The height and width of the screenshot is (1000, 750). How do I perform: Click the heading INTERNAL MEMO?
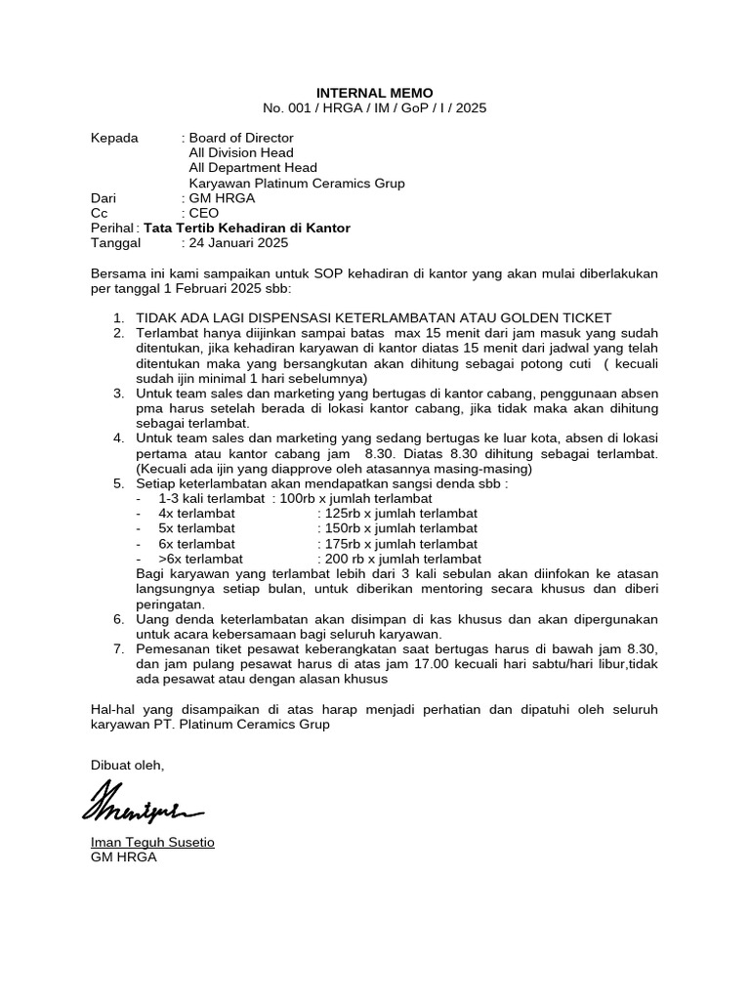[x=375, y=93]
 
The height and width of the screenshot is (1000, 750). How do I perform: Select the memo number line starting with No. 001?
[x=375, y=108]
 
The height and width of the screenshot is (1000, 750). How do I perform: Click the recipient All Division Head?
[x=240, y=152]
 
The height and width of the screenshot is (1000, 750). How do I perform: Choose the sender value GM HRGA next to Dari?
[x=222, y=198]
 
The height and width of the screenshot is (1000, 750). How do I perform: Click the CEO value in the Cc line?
[x=204, y=213]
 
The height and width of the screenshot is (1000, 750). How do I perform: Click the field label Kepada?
[x=114, y=138]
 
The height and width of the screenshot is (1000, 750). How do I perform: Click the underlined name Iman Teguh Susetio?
[x=151, y=842]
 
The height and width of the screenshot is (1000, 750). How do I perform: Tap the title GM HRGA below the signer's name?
[x=122, y=857]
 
